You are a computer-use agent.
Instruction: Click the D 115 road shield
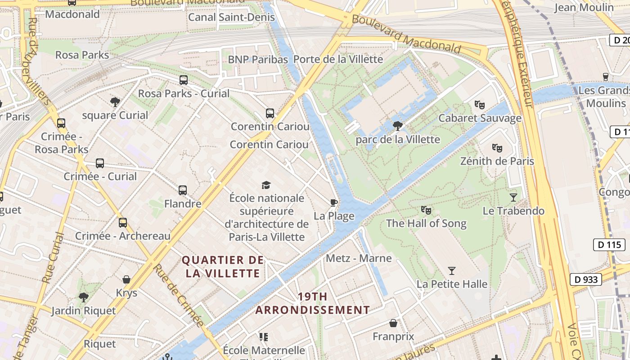609,245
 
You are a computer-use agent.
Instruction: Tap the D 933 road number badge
586,279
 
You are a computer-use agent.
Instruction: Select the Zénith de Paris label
497,161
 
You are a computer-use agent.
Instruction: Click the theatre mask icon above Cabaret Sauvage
480,105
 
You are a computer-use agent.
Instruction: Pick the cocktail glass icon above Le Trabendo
513,197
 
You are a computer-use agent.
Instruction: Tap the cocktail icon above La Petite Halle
452,270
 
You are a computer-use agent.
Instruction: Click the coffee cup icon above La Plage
333,202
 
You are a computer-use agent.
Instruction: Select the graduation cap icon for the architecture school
266,185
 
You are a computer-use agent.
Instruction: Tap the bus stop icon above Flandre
182,190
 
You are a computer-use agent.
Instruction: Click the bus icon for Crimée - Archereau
122,223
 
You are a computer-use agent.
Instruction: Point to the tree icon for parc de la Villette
397,126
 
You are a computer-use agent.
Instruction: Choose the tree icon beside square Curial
115,102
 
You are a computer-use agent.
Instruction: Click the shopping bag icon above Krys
126,279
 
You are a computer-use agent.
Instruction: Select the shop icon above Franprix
393,323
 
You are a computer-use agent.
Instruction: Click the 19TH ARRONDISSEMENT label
312,303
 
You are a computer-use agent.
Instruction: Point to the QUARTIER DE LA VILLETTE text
223,266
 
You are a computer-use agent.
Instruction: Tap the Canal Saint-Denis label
231,17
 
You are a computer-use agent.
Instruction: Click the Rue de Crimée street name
179,295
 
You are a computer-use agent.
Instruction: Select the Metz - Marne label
359,258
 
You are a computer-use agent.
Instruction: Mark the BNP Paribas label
258,59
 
